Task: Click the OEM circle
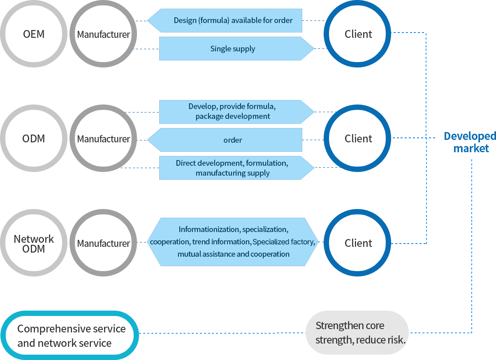tap(34, 34)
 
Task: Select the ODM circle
tap(34, 139)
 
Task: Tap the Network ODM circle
tap(34, 243)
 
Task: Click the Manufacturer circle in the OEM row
tap(104, 34)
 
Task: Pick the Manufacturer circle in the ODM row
tap(104, 139)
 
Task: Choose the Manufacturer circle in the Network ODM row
tap(104, 243)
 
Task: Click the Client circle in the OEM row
tap(358, 34)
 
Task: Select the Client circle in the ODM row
tap(358, 139)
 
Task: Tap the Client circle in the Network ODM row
tap(358, 243)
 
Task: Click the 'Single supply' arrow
tap(233, 49)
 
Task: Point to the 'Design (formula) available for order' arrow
tap(233, 20)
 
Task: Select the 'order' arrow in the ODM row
tap(233, 140)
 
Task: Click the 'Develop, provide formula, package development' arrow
tap(233, 111)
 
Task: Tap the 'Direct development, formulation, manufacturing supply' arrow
tap(233, 168)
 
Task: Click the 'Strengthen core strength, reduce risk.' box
tap(357, 333)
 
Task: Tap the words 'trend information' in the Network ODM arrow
tap(221, 242)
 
